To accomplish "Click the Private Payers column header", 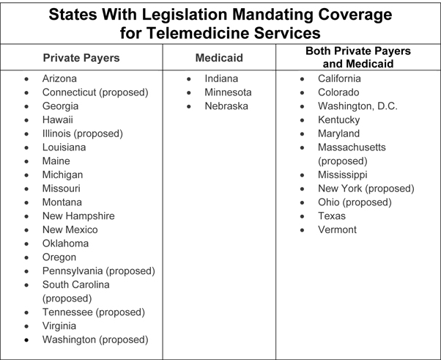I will (x=81, y=58).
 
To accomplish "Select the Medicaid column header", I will (x=218, y=58).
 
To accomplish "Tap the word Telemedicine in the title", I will (x=182, y=33).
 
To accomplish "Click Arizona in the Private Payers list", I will (x=59, y=78).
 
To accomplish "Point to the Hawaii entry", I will (x=58, y=120).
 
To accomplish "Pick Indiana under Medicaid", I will (x=221, y=78).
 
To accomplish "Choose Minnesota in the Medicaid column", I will (x=228, y=92).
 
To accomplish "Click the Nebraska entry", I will (x=226, y=106).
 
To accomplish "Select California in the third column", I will (x=339, y=78).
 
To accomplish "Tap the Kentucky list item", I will (x=338, y=120).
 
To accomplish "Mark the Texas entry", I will (x=331, y=216).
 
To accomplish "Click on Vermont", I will (x=337, y=229).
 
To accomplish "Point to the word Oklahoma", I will (x=65, y=243).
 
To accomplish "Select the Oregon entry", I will (x=59, y=257).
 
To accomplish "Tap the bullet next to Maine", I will (x=27, y=161).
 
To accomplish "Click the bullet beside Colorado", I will (x=303, y=92).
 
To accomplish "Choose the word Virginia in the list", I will (x=59, y=326).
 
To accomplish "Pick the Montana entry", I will (x=62, y=202).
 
